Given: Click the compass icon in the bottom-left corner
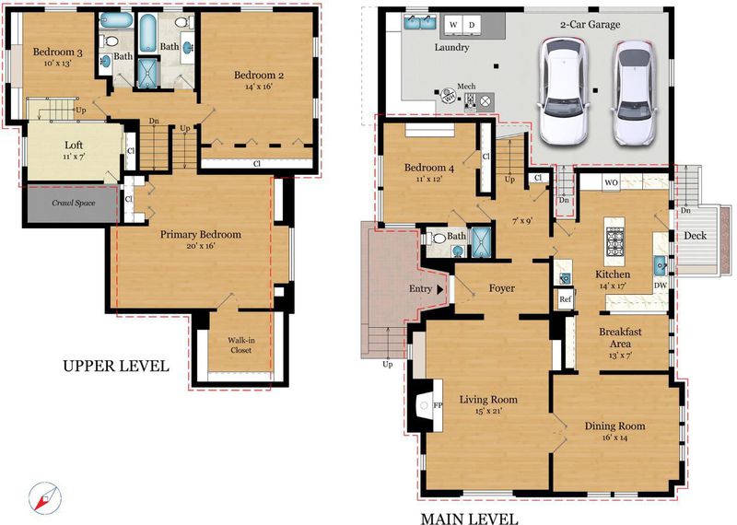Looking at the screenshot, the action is coord(45,497).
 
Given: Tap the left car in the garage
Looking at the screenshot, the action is coord(564,91).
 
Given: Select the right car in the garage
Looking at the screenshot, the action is coord(635,93).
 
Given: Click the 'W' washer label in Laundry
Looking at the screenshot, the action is coord(452,25).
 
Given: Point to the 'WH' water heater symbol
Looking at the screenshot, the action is coord(449,98).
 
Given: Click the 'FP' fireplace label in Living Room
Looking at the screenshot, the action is coord(437,405).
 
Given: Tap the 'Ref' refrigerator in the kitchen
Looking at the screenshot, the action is coord(566,299).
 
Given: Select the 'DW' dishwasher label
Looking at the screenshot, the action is coord(660,286).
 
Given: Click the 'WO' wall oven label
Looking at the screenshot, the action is coord(611,182).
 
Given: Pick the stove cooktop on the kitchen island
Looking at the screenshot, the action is coord(614,240).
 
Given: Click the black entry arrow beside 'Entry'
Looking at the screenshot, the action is coord(440,289).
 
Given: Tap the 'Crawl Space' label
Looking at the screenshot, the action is coord(74,203).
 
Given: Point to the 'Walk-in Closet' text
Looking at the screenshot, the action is coord(240,345).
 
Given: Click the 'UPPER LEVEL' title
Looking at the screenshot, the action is coord(116,366).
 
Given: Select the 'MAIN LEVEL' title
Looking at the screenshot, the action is coord(469,519).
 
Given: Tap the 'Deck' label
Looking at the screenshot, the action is coord(695,236).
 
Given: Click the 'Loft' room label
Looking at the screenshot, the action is coord(74,145).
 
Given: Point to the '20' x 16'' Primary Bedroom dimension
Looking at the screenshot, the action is coord(201,246).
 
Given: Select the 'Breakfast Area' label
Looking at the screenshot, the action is coord(620,337).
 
